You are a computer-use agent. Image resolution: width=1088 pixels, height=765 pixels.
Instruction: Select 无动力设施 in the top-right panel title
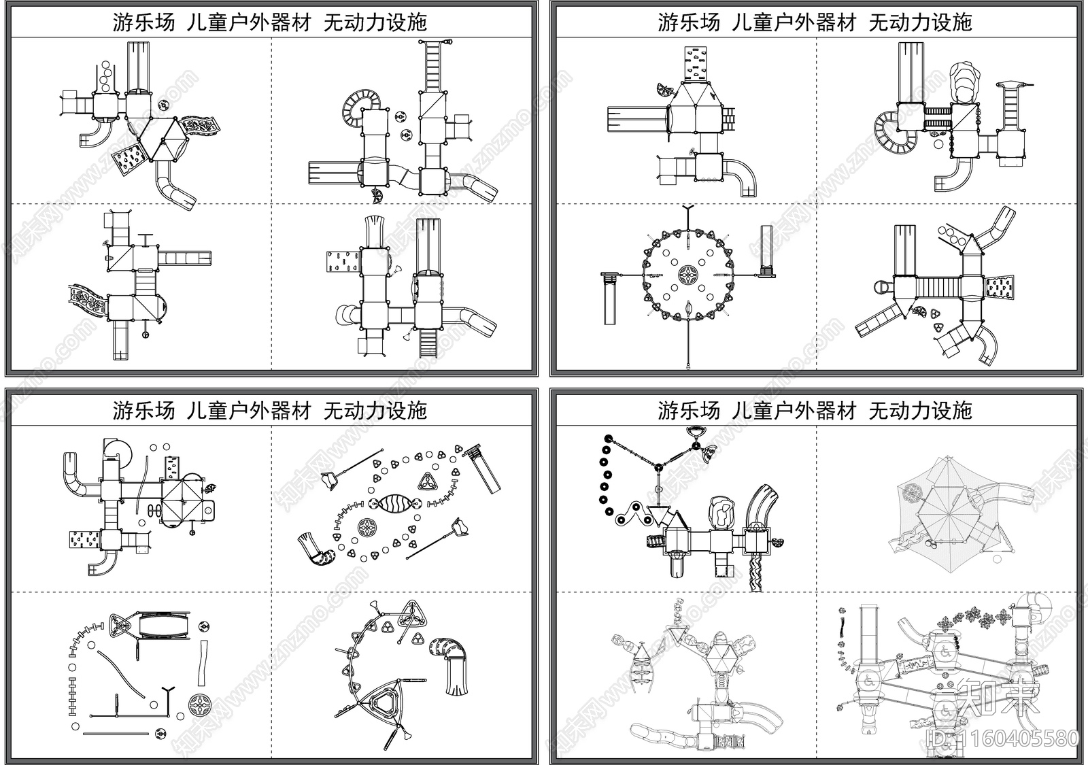click(920, 22)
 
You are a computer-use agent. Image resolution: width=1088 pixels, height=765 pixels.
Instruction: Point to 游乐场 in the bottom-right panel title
click(688, 411)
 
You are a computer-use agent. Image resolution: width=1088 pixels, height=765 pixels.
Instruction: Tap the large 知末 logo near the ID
click(998, 698)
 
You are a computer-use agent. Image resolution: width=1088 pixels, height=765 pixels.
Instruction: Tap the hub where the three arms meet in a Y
click(658, 467)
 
